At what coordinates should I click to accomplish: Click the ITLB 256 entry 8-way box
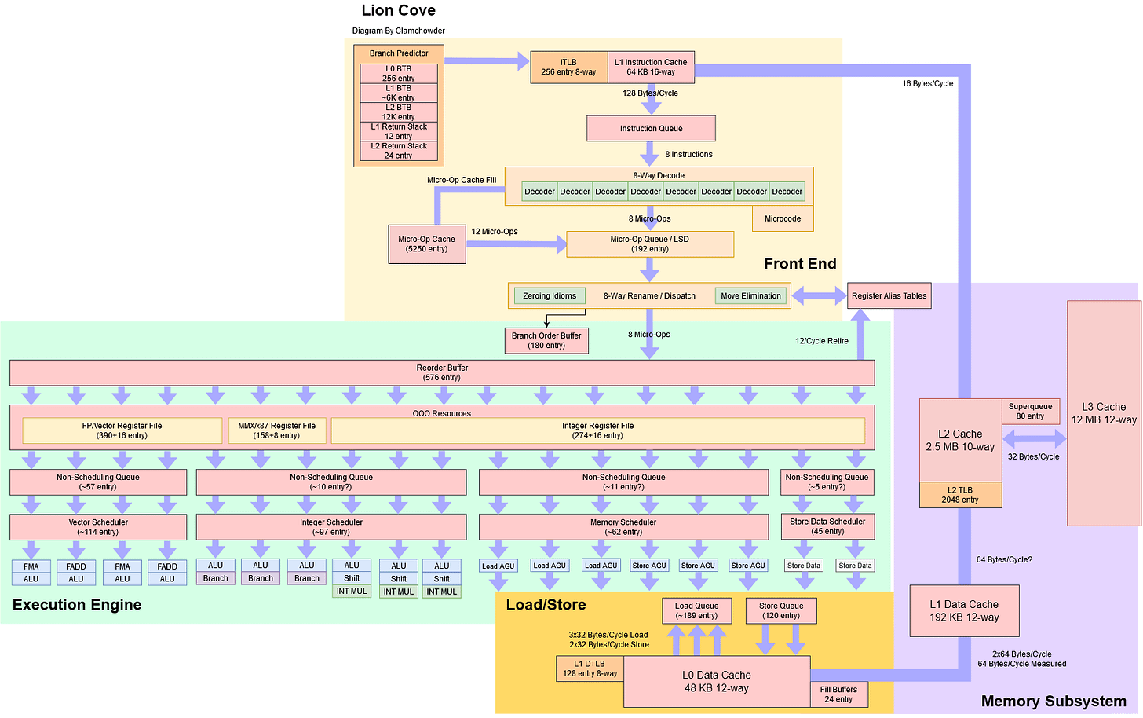tap(568, 67)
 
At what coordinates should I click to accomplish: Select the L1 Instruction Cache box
tap(651, 67)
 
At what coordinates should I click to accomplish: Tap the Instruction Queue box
tap(651, 128)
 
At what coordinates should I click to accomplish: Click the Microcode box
tap(783, 218)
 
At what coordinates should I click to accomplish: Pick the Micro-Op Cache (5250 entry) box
tap(426, 244)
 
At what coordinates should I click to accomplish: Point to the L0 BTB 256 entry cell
tap(398, 74)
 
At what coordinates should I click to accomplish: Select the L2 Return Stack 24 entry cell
tap(398, 151)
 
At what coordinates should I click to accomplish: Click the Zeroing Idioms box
tap(550, 296)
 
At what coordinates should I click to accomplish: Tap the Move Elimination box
tap(750, 296)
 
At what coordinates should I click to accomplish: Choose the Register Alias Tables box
tap(889, 296)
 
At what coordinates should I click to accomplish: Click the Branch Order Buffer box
tap(546, 340)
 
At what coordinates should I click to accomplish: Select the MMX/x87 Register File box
tap(276, 430)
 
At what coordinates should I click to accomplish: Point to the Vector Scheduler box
tap(98, 527)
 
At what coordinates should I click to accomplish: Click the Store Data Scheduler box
tap(827, 526)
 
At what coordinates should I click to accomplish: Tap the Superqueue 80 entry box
tap(1030, 412)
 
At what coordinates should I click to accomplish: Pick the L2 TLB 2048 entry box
tap(960, 495)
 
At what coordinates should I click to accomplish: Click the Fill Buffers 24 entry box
tap(838, 694)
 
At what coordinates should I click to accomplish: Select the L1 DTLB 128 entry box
tap(590, 669)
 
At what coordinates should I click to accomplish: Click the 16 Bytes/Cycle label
tap(927, 83)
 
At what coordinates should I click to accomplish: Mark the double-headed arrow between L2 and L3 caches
tap(1034, 438)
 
